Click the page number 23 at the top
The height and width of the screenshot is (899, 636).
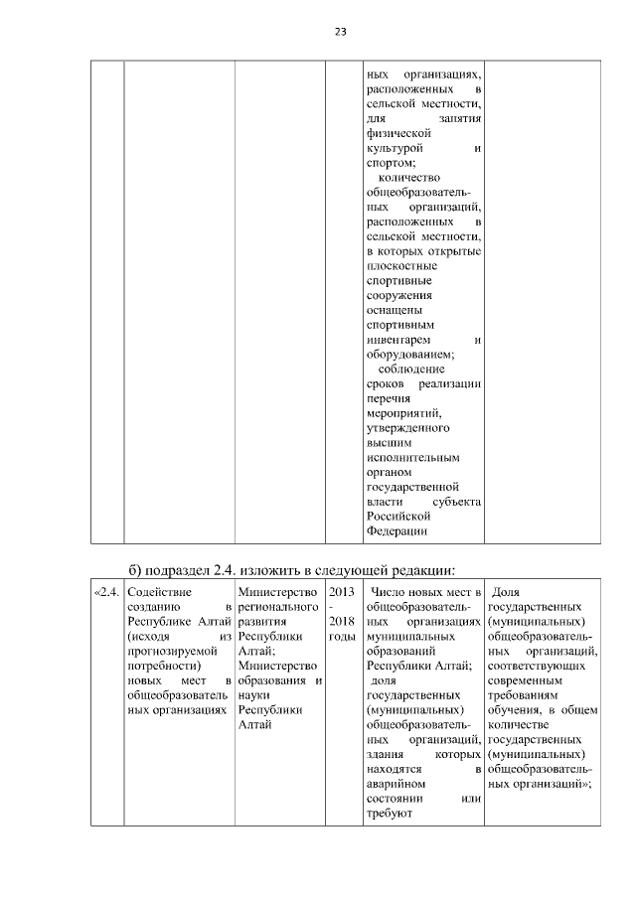pyautogui.click(x=340, y=32)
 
